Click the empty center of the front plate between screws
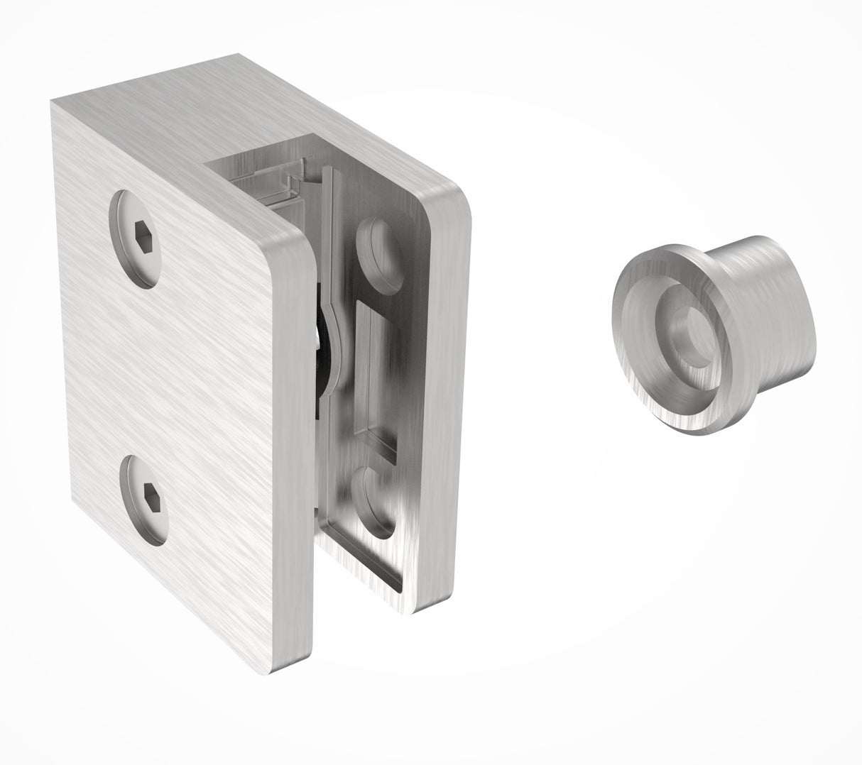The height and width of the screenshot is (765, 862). pos(163,369)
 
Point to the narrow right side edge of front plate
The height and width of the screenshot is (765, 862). pos(298,461)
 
